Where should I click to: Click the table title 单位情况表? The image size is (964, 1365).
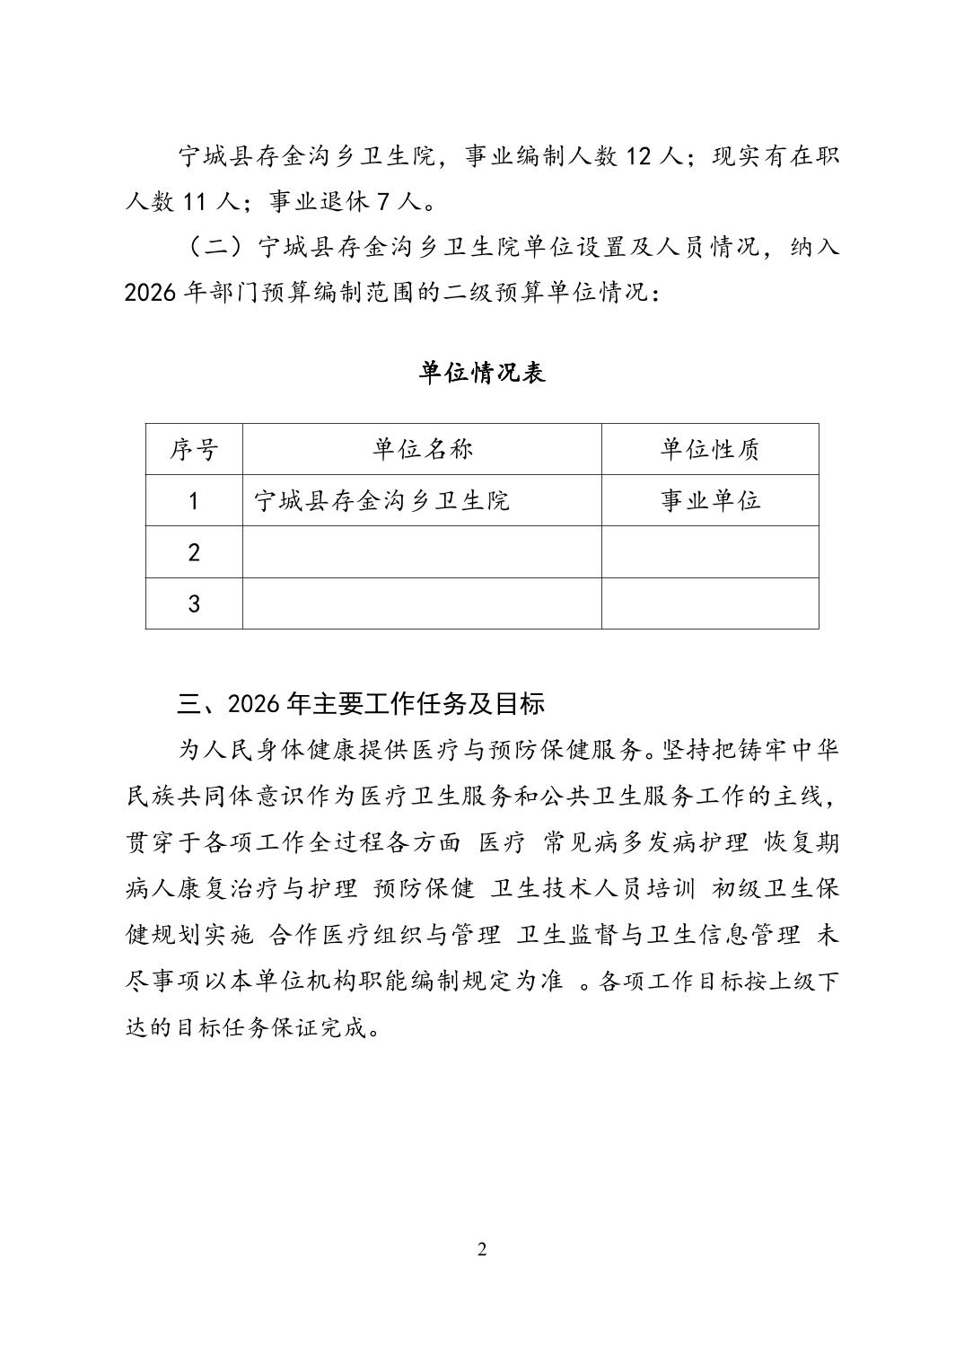[x=482, y=373]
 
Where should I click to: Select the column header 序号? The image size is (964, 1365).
[x=194, y=449]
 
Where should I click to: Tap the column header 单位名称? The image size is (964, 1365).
[x=422, y=449]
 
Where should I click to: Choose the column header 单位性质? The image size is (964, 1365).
[x=710, y=449]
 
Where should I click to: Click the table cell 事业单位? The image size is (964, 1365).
[x=710, y=500]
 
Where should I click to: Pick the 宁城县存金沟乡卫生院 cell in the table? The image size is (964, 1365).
[x=381, y=500]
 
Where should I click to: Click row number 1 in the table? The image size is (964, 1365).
[x=194, y=500]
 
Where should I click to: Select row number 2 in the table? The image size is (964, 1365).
[x=194, y=552]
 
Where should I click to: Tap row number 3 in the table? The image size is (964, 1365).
[x=194, y=603]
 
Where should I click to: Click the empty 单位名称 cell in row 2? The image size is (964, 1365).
[x=422, y=552]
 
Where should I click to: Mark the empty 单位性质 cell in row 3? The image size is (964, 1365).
[x=710, y=603]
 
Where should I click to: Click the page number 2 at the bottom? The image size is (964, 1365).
[x=482, y=1249]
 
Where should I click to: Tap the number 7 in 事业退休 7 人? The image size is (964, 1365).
[x=383, y=202]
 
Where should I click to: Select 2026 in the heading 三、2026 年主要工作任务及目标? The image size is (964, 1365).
[x=254, y=703]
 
